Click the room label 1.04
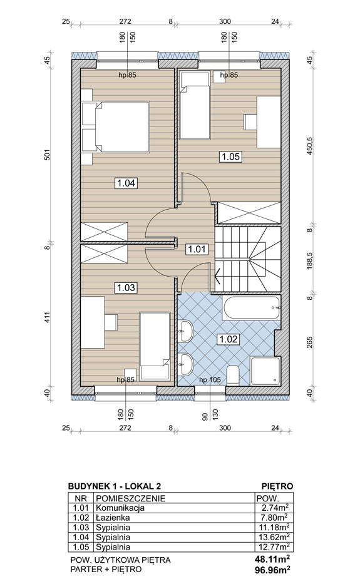click(126, 183)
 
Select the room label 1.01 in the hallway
click(197, 248)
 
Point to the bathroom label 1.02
click(229, 339)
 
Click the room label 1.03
click(126, 288)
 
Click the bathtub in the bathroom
click(252, 307)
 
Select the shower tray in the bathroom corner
click(265, 371)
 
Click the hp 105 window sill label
click(210, 380)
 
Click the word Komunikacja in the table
click(120, 508)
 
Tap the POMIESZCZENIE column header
click(130, 498)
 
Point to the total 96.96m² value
click(273, 570)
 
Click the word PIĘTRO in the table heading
click(277, 486)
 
